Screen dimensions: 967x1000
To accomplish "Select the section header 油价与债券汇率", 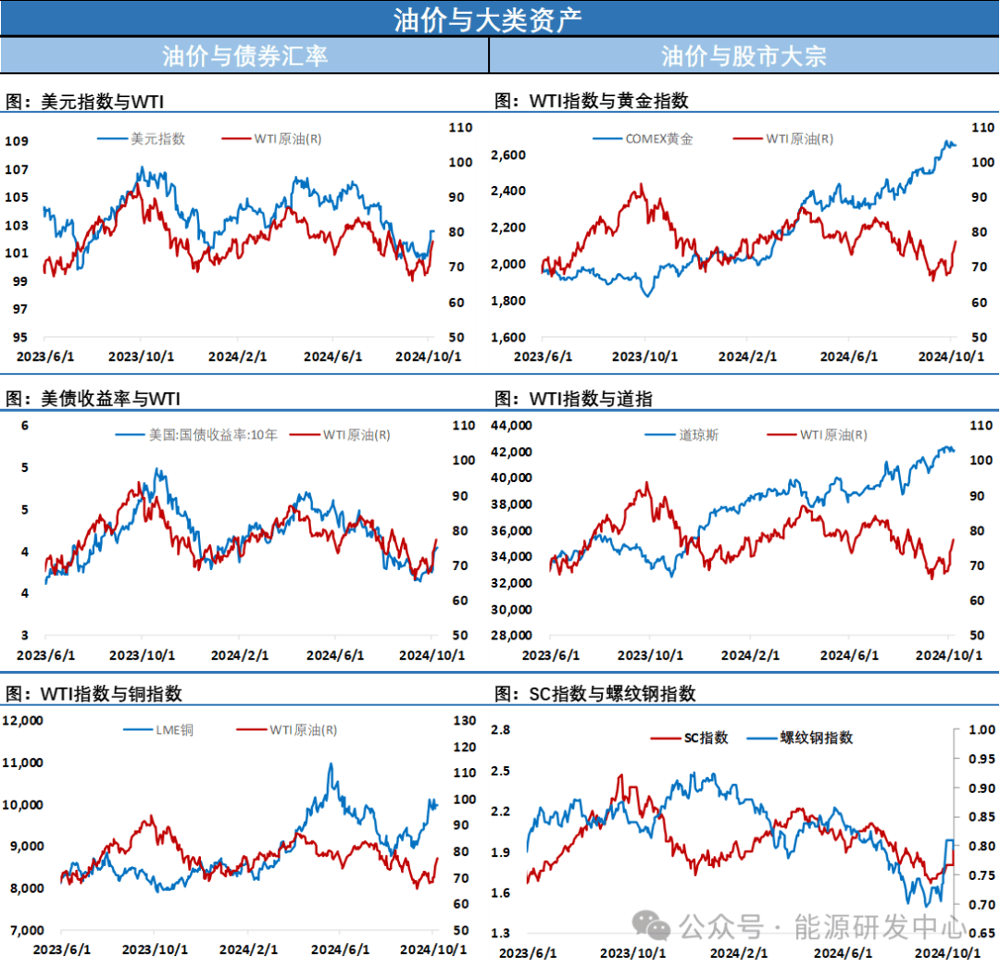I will (244, 56).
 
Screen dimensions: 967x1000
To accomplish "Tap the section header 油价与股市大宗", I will (744, 56).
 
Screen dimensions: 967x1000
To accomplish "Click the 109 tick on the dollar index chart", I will (16, 141).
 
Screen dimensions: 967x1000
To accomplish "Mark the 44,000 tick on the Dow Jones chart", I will (508, 425).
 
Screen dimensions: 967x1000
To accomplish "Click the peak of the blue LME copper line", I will (331, 764).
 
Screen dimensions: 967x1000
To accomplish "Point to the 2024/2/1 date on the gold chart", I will (746, 356).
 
